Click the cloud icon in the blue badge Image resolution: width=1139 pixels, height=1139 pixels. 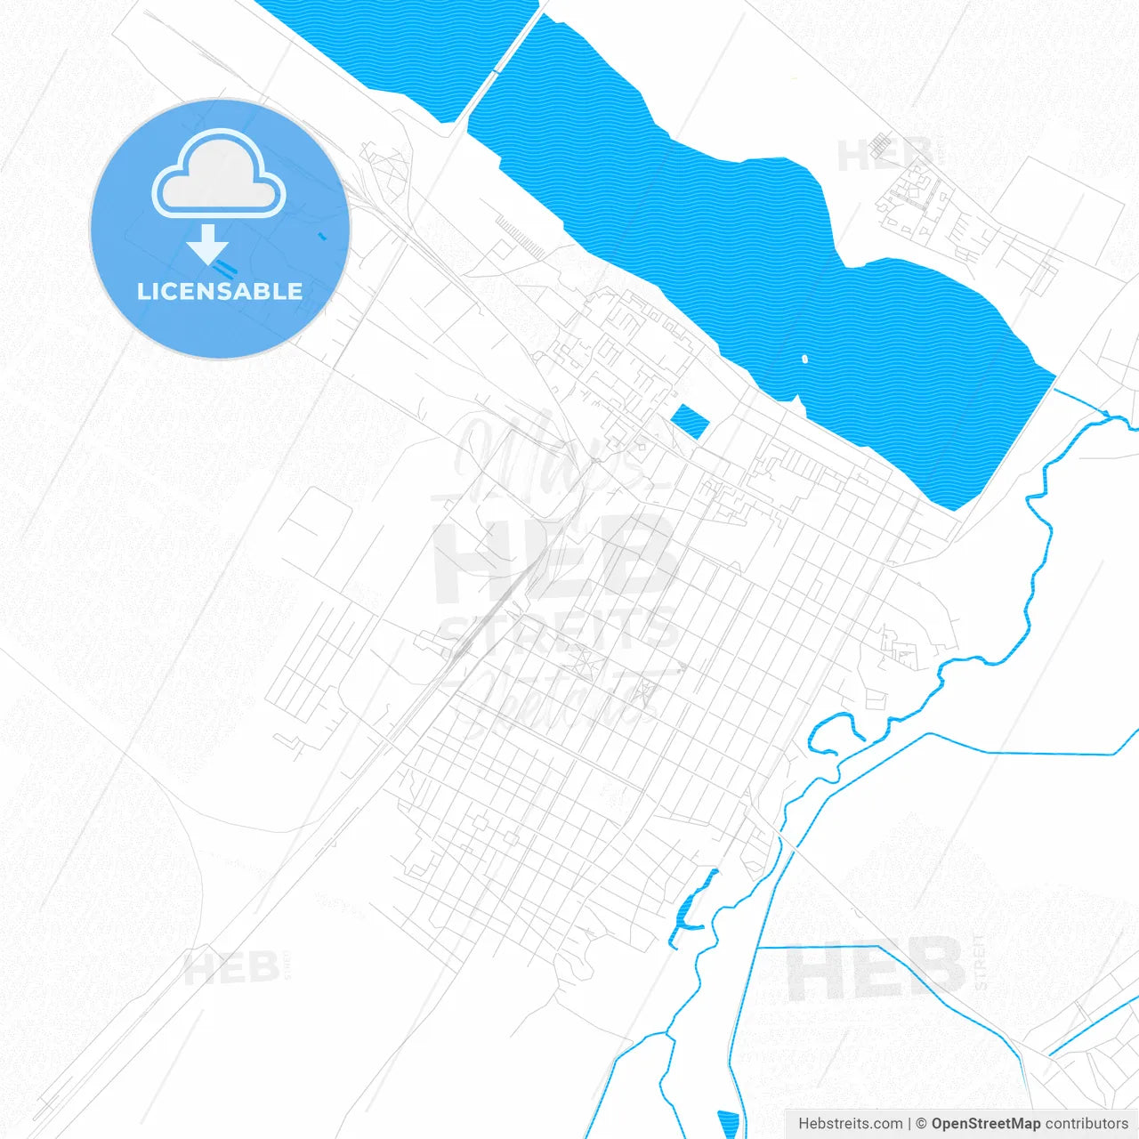point(219,174)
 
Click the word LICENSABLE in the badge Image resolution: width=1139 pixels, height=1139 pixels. point(220,291)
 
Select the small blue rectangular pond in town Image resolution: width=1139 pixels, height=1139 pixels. point(688,421)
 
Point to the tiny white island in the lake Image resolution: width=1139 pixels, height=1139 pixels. point(804,359)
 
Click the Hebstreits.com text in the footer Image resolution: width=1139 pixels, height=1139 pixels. point(850,1124)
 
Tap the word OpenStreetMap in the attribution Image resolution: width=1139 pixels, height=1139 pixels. point(985,1124)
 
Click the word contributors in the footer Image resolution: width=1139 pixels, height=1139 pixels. point(1086,1124)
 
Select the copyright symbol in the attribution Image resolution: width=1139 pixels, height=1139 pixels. point(921,1124)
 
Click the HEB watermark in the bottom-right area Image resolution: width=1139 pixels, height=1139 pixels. point(876,970)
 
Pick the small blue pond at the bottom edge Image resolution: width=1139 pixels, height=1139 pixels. point(729,1124)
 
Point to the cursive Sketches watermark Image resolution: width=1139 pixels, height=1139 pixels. point(561,703)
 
